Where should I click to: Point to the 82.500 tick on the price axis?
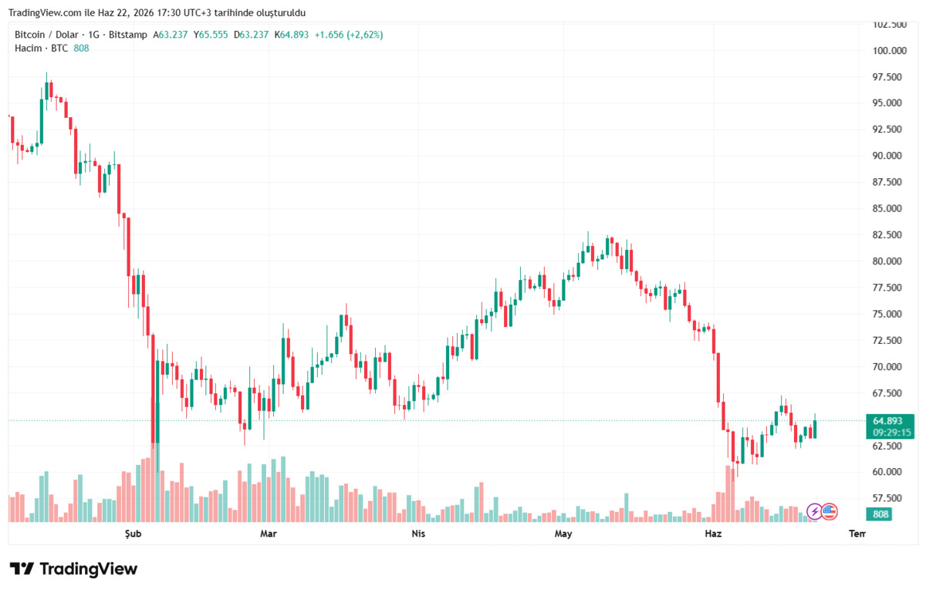tap(887, 234)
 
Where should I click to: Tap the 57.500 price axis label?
tap(887, 498)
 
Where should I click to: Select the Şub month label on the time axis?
tap(133, 534)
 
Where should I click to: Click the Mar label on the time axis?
tap(269, 534)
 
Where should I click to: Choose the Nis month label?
tap(418, 534)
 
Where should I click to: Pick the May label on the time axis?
tap(563, 534)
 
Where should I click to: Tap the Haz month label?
tap(713, 534)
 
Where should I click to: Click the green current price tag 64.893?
tap(887, 421)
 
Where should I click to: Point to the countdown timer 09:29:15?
tap(892, 433)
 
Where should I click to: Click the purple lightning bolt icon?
tap(814, 511)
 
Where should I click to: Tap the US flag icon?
tap(830, 511)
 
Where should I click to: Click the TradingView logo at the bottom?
tap(73, 569)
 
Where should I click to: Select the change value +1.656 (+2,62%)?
tap(349, 35)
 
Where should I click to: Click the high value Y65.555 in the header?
tap(211, 35)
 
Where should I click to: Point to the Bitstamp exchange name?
tap(128, 35)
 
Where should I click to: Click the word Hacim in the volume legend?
tap(28, 49)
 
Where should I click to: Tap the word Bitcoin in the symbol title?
tap(30, 35)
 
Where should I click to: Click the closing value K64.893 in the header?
tap(292, 35)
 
